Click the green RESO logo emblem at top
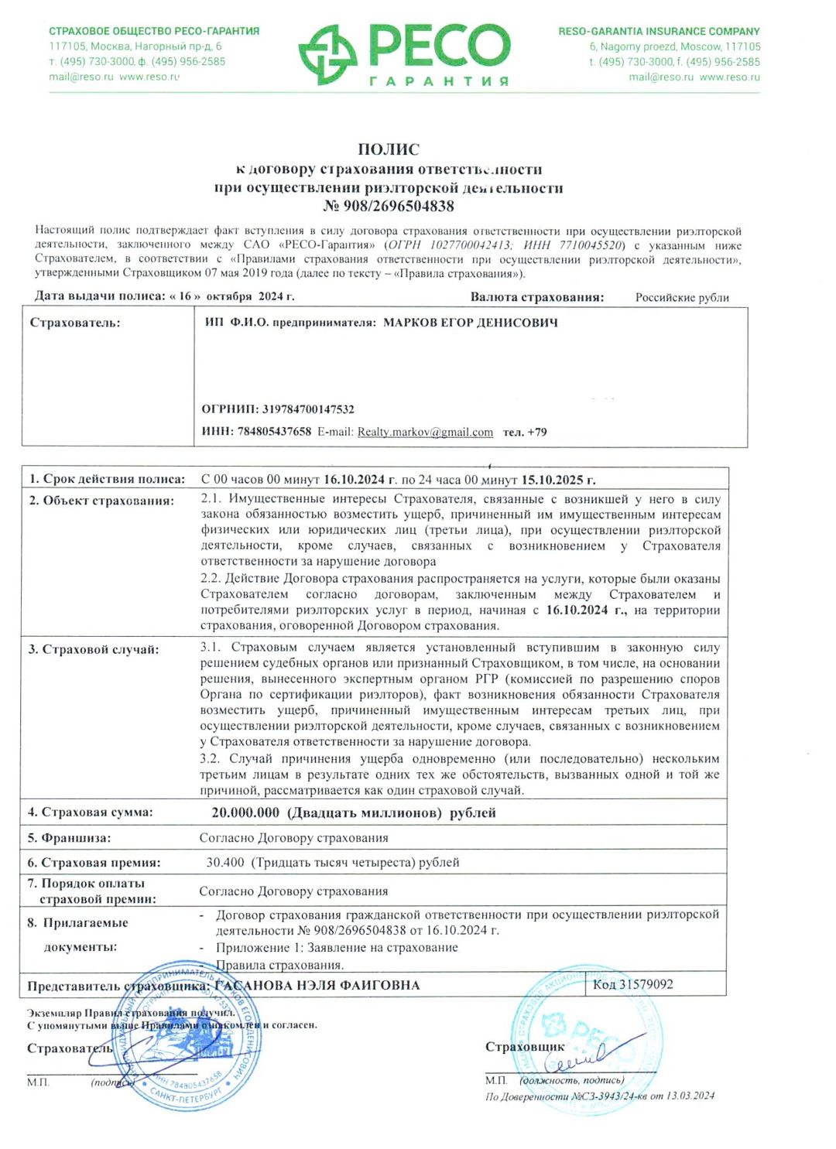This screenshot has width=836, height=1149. click(327, 53)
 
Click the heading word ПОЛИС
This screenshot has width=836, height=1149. click(389, 149)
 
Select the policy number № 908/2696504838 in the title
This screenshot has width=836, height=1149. click(389, 206)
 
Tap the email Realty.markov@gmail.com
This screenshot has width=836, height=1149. click(425, 432)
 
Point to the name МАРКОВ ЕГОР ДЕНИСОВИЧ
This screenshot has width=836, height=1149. click(471, 323)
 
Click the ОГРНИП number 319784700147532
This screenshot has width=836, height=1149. click(308, 409)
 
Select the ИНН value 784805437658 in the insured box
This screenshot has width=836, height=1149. click(275, 432)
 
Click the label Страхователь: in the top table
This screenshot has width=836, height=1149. click(75, 323)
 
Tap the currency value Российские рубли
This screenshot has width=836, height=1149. click(682, 297)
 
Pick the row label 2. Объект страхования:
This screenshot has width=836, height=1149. click(101, 501)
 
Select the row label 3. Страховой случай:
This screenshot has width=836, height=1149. click(94, 649)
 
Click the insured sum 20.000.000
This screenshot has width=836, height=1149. click(245, 812)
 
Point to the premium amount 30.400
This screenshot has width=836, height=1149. click(225, 862)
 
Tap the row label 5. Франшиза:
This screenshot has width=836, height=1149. click(69, 838)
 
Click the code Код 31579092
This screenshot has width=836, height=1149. click(632, 984)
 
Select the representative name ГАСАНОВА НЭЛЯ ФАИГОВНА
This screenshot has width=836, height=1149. click(317, 985)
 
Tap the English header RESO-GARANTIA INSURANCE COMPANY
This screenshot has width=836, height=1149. click(659, 32)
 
